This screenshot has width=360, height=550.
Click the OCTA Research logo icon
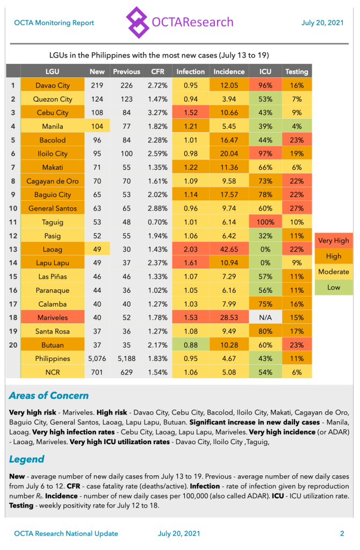point(138,22)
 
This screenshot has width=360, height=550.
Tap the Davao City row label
point(52,85)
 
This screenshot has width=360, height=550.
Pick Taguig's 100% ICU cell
point(265,222)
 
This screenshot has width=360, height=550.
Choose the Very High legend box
point(334,241)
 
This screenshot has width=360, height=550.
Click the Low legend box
point(334,287)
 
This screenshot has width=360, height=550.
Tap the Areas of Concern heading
point(49,396)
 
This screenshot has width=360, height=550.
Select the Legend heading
point(27,459)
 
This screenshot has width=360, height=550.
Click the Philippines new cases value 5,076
point(97,358)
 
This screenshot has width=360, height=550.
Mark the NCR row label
point(52,372)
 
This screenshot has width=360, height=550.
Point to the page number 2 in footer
point(342,533)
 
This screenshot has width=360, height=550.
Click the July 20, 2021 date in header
point(322,23)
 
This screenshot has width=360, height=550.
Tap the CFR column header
point(158,71)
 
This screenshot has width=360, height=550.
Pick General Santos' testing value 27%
point(297,208)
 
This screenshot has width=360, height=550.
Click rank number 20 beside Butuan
point(13,345)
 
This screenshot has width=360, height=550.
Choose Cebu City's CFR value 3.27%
point(158,113)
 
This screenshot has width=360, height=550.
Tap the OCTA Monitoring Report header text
point(54,23)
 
